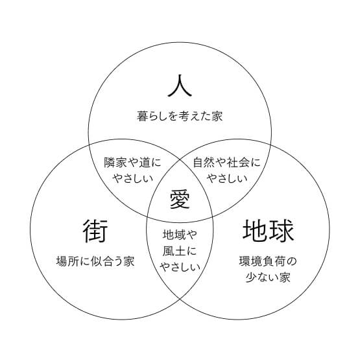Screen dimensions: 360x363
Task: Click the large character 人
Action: click(x=180, y=86)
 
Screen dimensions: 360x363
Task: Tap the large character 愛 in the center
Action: click(x=180, y=199)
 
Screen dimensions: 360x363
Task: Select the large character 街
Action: click(x=95, y=231)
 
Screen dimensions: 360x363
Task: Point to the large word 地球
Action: click(x=269, y=231)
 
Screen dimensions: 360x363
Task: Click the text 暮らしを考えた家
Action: click(x=180, y=116)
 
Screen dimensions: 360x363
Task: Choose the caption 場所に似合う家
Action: click(x=95, y=261)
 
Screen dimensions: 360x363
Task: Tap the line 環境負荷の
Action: click(x=268, y=261)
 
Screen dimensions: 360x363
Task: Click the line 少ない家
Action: click(x=268, y=277)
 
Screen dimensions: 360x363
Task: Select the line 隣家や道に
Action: click(x=132, y=162)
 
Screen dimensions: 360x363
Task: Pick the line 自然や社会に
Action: click(x=227, y=162)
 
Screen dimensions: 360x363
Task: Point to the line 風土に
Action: click(x=180, y=251)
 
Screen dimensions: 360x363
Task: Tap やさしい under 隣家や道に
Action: click(x=132, y=178)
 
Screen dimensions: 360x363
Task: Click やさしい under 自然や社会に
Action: click(x=227, y=178)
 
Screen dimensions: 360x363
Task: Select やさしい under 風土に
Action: click(x=180, y=266)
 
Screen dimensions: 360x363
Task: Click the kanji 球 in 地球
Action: click(x=282, y=231)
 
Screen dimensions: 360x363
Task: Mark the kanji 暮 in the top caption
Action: click(x=142, y=116)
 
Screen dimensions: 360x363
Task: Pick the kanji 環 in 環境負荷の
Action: click(x=245, y=261)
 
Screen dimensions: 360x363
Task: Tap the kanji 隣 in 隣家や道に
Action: click(x=110, y=162)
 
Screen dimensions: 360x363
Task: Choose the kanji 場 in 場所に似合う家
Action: click(x=62, y=261)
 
